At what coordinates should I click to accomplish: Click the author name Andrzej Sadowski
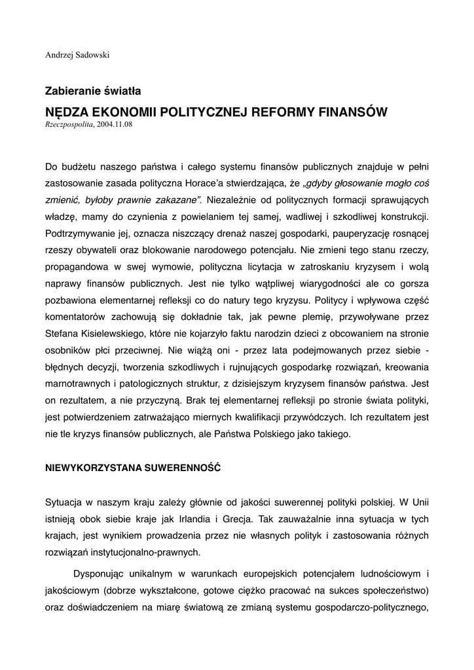77,55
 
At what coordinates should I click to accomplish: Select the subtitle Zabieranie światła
93,91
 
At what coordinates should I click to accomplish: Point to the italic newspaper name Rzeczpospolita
69,124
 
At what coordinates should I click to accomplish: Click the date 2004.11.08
114,124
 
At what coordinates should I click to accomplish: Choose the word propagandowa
77,268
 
